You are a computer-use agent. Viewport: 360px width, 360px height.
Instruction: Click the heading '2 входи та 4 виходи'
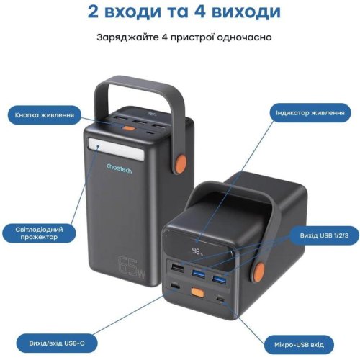click(179, 12)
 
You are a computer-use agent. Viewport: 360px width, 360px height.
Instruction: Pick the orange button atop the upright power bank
click(130, 130)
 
